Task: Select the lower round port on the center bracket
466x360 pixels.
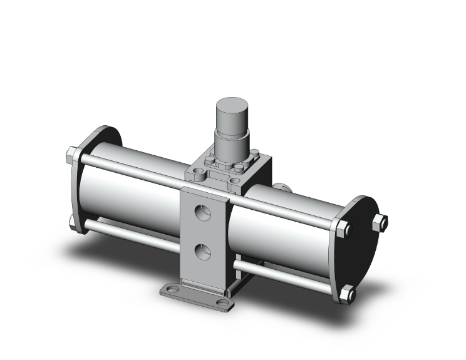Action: click(x=202, y=252)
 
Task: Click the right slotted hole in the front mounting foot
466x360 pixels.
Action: click(x=222, y=305)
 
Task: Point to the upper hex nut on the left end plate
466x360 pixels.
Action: click(x=72, y=154)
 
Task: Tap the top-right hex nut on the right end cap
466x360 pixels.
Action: click(x=380, y=222)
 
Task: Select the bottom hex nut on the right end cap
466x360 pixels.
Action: click(x=348, y=292)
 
